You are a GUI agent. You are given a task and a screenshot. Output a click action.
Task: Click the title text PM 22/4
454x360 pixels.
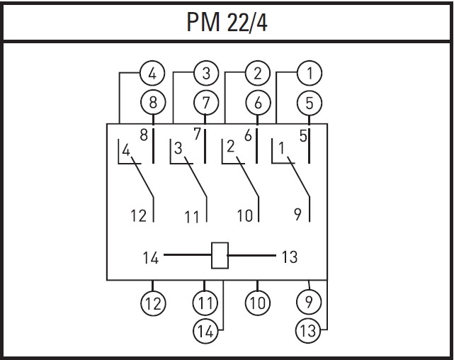227,22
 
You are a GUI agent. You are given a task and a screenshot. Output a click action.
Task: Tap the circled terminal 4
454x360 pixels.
152,73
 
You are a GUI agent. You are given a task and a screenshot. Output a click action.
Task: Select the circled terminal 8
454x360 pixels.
153,103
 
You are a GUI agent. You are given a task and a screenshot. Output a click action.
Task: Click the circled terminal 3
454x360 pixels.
206,73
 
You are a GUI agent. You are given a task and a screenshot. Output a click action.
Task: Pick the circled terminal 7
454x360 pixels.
205,103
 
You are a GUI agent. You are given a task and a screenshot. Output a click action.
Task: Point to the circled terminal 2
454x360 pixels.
257,73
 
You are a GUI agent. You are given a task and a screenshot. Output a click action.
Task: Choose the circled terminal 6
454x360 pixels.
258,103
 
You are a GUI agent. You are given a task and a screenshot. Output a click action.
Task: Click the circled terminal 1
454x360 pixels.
310,73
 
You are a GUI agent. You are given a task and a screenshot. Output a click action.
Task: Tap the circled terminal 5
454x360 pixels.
310,103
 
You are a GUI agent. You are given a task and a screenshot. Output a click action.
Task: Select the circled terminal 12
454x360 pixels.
153,303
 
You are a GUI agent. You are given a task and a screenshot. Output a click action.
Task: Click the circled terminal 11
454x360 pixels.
205,303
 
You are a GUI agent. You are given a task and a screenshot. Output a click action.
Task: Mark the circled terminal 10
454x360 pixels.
257,303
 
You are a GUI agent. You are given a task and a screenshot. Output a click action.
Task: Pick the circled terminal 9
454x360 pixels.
309,302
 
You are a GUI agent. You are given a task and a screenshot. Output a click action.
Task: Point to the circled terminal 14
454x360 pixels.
205,331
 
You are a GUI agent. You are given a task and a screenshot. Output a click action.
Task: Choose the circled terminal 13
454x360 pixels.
308,330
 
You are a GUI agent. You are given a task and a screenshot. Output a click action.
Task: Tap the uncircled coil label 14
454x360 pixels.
151,257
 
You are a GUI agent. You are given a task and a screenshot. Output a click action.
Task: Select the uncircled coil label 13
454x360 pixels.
290,257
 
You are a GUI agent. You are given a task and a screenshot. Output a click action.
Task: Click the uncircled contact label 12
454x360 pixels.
138,215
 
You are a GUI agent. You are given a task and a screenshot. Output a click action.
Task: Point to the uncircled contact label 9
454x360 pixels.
297,215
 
